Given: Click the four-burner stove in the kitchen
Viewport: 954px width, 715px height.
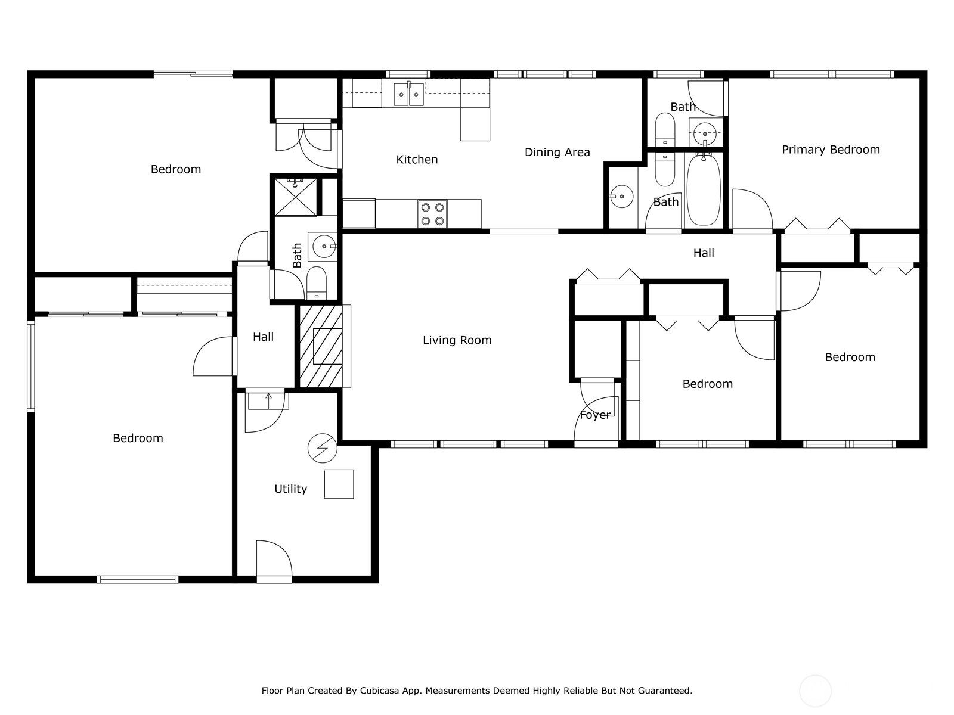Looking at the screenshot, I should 432,214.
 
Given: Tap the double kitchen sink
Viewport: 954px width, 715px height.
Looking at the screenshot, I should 408,94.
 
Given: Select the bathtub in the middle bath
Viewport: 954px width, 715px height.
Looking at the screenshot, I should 704,189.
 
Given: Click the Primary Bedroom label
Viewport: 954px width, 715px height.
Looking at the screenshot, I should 831,150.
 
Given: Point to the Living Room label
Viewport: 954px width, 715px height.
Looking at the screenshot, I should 457,340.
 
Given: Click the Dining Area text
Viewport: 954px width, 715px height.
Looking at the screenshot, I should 557,152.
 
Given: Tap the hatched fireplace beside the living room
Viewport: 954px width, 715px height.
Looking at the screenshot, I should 321,346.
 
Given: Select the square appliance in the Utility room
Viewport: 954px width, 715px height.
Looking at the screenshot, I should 339,484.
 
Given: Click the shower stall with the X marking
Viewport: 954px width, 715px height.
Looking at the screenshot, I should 296,197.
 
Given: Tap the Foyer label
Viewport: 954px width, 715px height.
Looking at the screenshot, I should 594,415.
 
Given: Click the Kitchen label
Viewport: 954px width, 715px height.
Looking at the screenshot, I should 417,159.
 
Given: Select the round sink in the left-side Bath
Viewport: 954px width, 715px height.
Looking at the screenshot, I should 323,245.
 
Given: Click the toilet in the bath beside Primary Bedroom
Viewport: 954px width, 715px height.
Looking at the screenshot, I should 665,129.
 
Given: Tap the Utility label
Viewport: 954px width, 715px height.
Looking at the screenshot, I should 290,489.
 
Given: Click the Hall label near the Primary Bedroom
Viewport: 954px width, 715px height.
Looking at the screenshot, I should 704,253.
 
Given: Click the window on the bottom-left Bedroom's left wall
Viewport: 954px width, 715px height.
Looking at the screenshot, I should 31,366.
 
